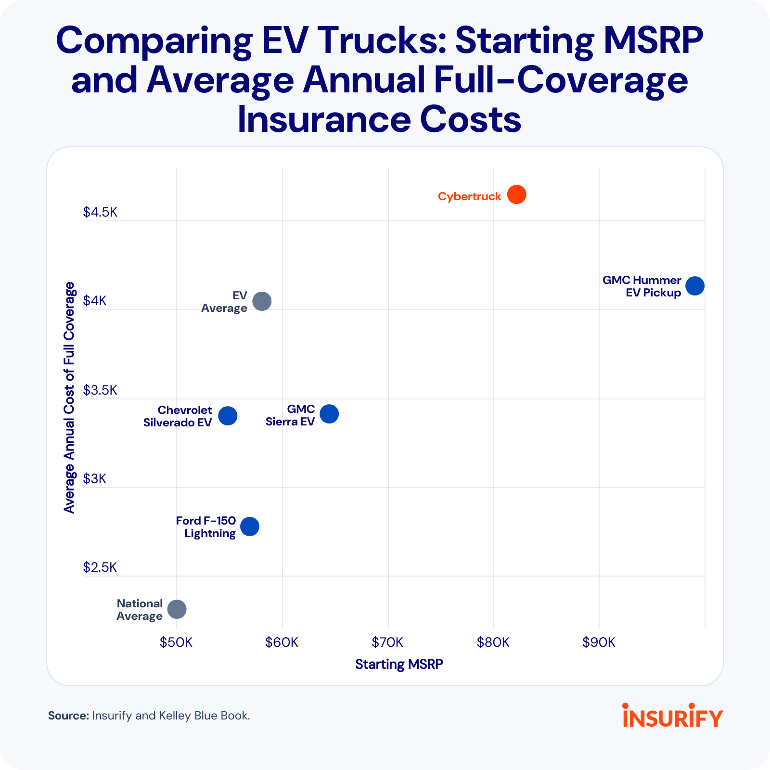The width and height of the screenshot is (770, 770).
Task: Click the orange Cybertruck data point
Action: pyautogui.click(x=516, y=194)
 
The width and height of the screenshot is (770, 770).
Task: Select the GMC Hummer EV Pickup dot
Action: pyautogui.click(x=694, y=286)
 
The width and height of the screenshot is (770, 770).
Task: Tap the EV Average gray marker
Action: pyautogui.click(x=262, y=301)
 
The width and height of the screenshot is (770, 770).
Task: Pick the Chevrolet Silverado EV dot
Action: pyautogui.click(x=228, y=415)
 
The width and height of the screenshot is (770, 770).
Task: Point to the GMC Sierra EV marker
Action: pyautogui.click(x=329, y=413)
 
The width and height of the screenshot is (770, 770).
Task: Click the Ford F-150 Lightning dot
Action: pyautogui.click(x=249, y=526)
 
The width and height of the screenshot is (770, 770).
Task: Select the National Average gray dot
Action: pyautogui.click(x=177, y=609)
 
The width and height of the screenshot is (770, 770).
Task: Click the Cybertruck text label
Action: pyautogui.click(x=469, y=196)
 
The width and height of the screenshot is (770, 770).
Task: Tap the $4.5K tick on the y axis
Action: pyautogui.click(x=100, y=212)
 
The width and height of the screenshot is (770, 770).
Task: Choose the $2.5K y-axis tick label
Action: pyautogui.click(x=100, y=567)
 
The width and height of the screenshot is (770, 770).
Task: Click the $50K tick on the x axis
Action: pyautogui.click(x=176, y=642)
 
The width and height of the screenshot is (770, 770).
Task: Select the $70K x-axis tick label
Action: pyautogui.click(x=387, y=642)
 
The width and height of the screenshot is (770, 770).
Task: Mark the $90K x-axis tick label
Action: pyautogui.click(x=599, y=642)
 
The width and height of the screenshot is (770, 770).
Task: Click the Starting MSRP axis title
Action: pyautogui.click(x=399, y=664)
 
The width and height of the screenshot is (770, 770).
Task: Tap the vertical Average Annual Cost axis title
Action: pyautogui.click(x=70, y=398)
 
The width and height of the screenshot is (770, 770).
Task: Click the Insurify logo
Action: pyautogui.click(x=672, y=716)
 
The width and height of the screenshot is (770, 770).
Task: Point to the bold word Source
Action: pyautogui.click(x=68, y=716)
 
